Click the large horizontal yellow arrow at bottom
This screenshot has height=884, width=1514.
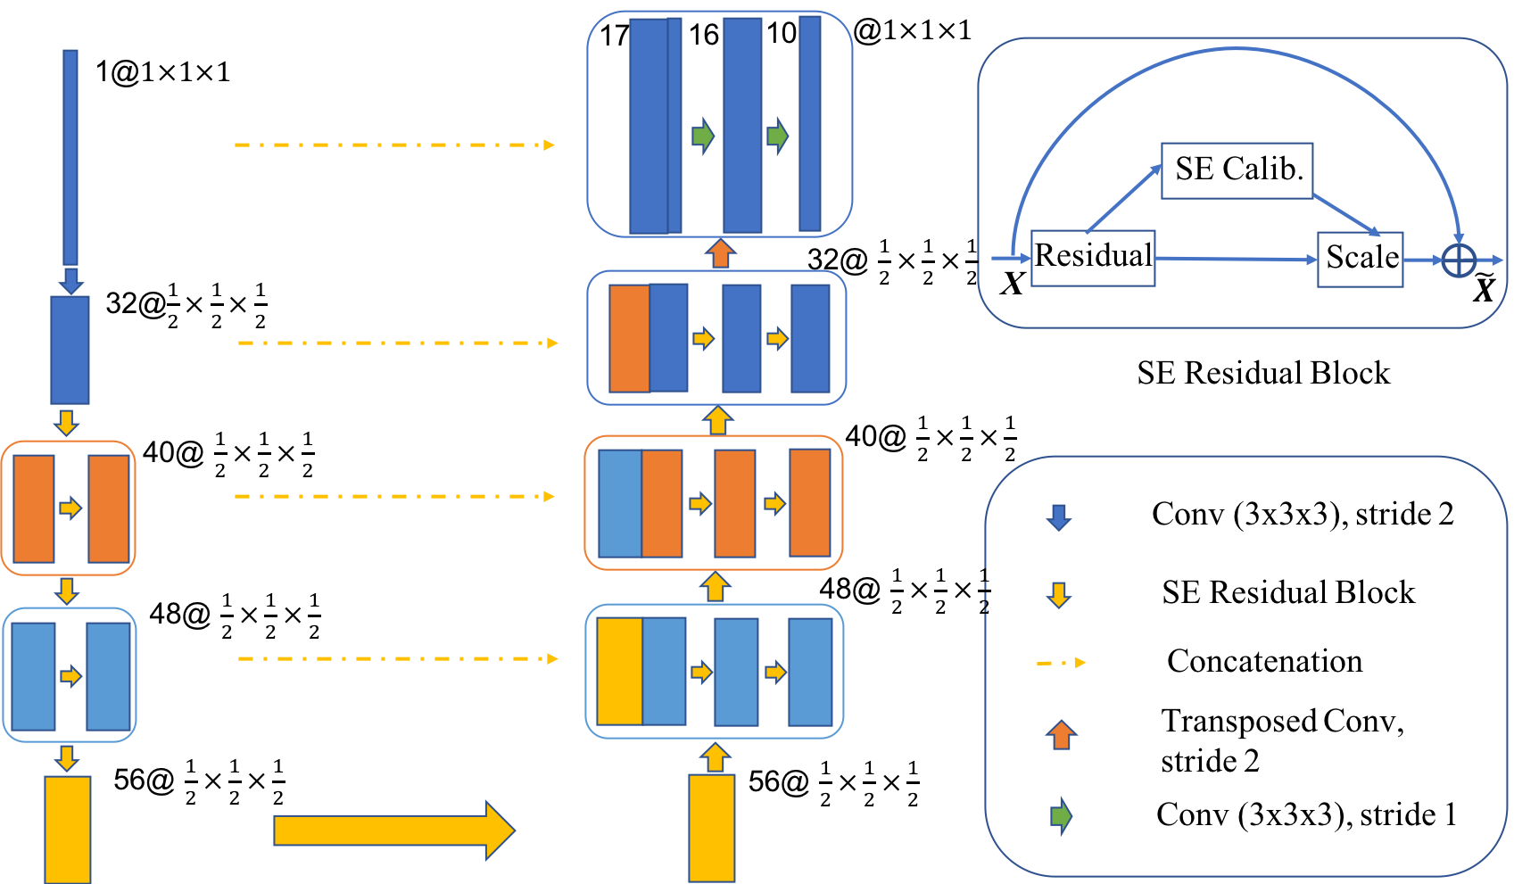(x=393, y=830)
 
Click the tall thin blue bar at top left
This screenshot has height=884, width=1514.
(x=70, y=157)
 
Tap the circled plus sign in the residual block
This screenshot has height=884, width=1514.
(x=1459, y=261)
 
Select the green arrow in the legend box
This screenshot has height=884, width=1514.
(x=1061, y=815)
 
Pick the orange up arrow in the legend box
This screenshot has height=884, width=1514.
(x=1061, y=735)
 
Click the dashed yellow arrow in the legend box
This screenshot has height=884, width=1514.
(x=1061, y=663)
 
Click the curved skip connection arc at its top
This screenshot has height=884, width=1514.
(x=1236, y=50)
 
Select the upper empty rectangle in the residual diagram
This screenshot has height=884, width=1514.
(x=1237, y=170)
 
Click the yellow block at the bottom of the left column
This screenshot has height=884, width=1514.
(x=68, y=829)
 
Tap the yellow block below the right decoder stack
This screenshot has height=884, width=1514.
(x=712, y=828)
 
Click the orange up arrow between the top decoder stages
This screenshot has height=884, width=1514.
(x=720, y=253)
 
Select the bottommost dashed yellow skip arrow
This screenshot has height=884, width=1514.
(x=398, y=658)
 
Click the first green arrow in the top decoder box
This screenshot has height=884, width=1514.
(x=703, y=136)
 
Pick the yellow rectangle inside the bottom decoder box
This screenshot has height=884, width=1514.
(x=619, y=671)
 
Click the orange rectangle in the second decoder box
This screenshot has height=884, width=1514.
(x=629, y=338)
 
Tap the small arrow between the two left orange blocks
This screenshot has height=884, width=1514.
(x=70, y=508)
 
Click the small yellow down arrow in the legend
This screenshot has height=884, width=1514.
(x=1058, y=595)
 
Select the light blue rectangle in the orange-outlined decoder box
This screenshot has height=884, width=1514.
(x=619, y=503)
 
